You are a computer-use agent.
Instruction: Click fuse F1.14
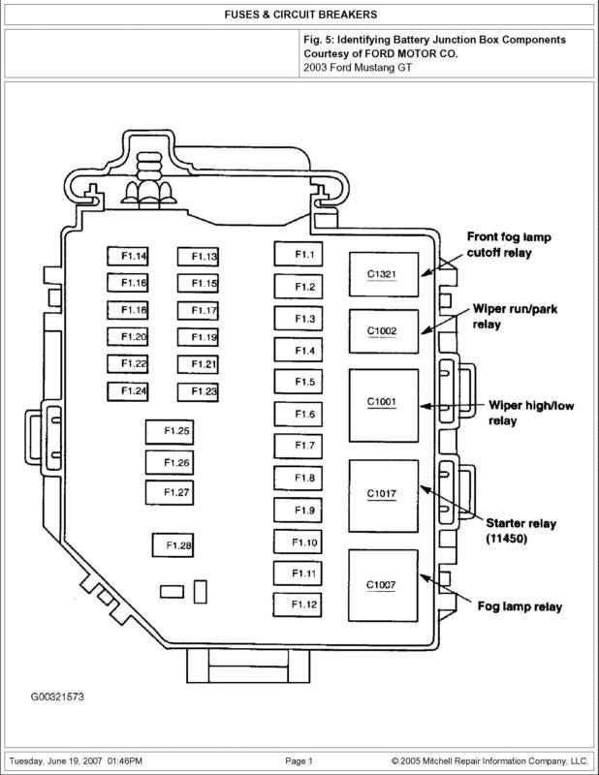pyautogui.click(x=128, y=256)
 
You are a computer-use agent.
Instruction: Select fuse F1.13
pyautogui.click(x=198, y=257)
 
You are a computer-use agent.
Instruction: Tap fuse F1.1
pyautogui.click(x=299, y=254)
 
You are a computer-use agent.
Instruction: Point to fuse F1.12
pyautogui.click(x=298, y=604)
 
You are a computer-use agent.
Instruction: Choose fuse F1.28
pyautogui.click(x=173, y=545)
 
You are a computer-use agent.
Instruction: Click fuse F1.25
pyautogui.click(x=170, y=431)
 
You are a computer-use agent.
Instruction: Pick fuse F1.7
pyautogui.click(x=298, y=446)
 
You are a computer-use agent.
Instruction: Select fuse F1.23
pyautogui.click(x=198, y=392)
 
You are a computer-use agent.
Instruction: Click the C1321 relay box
pyautogui.click(x=384, y=274)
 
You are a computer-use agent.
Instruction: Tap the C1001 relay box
pyautogui.click(x=384, y=405)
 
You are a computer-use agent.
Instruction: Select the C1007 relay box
pyautogui.click(x=383, y=585)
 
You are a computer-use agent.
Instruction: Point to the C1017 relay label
pyautogui.click(x=381, y=493)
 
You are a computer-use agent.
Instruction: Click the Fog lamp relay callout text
pyautogui.click(x=520, y=606)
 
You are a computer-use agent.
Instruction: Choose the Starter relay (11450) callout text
pyautogui.click(x=520, y=530)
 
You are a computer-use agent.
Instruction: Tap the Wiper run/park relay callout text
pyautogui.click(x=515, y=317)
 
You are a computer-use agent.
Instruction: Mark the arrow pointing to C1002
pyautogui.click(x=446, y=320)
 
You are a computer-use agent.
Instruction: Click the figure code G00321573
pyautogui.click(x=57, y=697)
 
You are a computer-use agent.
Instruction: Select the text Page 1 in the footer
pyautogui.click(x=299, y=761)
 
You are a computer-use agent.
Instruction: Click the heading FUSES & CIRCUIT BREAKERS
pyautogui.click(x=300, y=15)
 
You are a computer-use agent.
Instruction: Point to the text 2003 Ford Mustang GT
pyautogui.click(x=358, y=68)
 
